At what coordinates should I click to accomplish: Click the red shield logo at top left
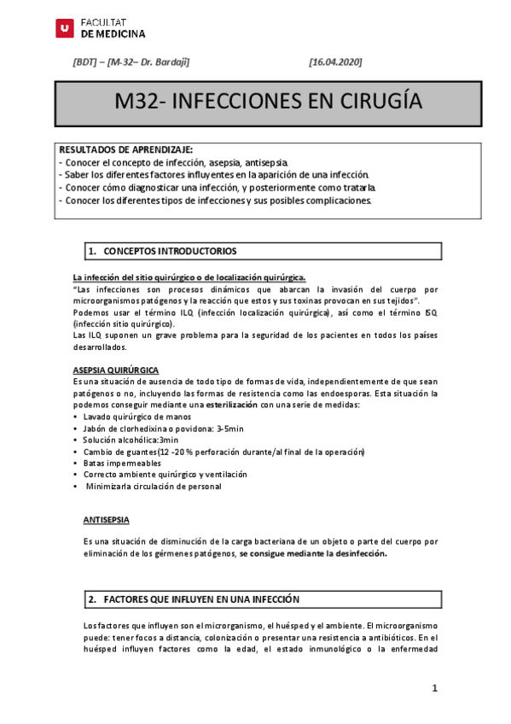pos(63,28)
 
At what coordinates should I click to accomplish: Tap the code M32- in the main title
pos(141,102)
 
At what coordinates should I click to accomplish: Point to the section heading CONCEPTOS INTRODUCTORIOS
pos(170,251)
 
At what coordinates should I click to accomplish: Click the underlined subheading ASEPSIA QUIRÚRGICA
pos(115,370)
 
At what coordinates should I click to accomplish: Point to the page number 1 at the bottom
pos(434,688)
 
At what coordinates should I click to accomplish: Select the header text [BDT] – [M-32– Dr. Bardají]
pos(131,62)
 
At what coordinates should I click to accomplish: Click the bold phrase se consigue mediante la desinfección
pos(313,553)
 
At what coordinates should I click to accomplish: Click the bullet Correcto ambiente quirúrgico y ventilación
pos(165,475)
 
